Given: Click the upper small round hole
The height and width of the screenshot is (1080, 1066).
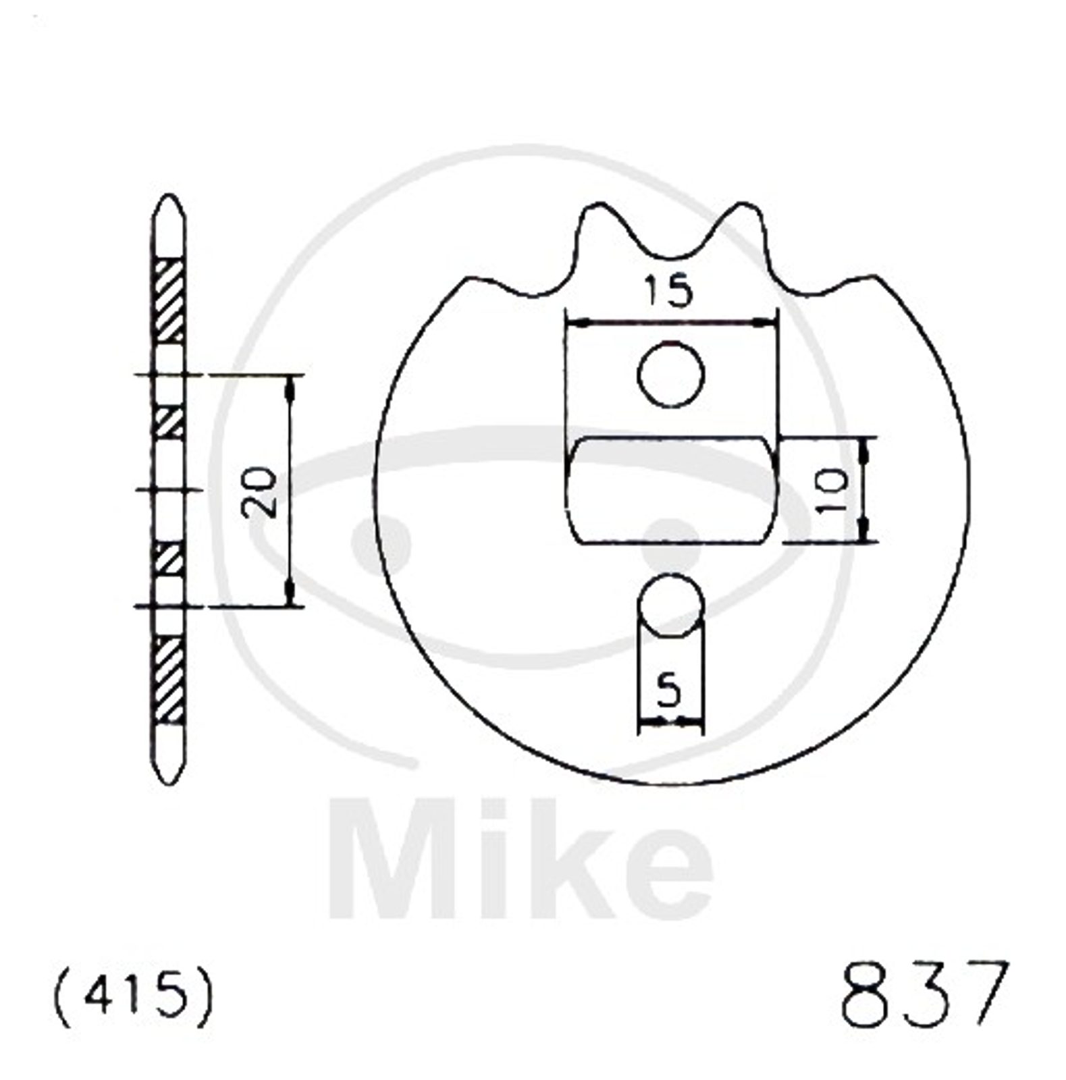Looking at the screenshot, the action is click(x=671, y=374).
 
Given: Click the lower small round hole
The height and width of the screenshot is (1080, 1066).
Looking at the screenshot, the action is click(x=671, y=605).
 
